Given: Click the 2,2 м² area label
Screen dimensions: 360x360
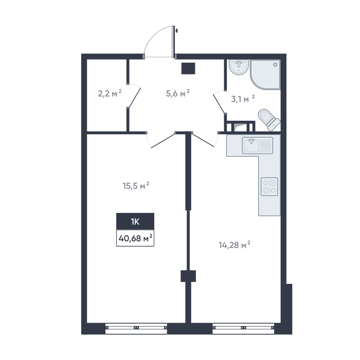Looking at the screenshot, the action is click(110, 94).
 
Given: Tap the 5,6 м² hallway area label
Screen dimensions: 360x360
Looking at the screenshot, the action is click(178, 94).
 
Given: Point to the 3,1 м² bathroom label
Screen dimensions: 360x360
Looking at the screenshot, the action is click(243, 99).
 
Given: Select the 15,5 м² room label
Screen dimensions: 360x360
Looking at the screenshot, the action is click(136, 186).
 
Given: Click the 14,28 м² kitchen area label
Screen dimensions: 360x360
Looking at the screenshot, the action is click(235, 245).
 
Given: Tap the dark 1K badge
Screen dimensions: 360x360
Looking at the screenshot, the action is click(135, 222).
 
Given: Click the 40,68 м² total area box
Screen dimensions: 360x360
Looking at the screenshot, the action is click(135, 238).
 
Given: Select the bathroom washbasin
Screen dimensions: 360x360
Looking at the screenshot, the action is click(239, 67).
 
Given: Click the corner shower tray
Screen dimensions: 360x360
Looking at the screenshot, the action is click(265, 75).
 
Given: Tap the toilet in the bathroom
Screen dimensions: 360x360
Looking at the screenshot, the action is click(269, 120).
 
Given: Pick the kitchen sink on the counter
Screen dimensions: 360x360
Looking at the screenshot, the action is click(257, 146).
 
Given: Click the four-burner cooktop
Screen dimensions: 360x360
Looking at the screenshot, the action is click(269, 187).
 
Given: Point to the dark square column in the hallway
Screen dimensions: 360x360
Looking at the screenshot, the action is click(188, 68).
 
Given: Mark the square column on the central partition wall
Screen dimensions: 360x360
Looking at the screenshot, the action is click(188, 276).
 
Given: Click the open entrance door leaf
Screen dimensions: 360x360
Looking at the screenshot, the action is click(173, 41).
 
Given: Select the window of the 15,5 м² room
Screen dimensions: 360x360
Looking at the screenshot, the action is click(136, 328).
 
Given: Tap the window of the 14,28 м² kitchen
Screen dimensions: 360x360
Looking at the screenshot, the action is click(244, 328).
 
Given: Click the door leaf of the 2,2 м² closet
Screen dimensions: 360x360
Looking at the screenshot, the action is click(135, 98).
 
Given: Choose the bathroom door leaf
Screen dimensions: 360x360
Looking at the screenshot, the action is click(219, 103).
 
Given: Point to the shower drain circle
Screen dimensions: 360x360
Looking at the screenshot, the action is click(275, 65).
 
